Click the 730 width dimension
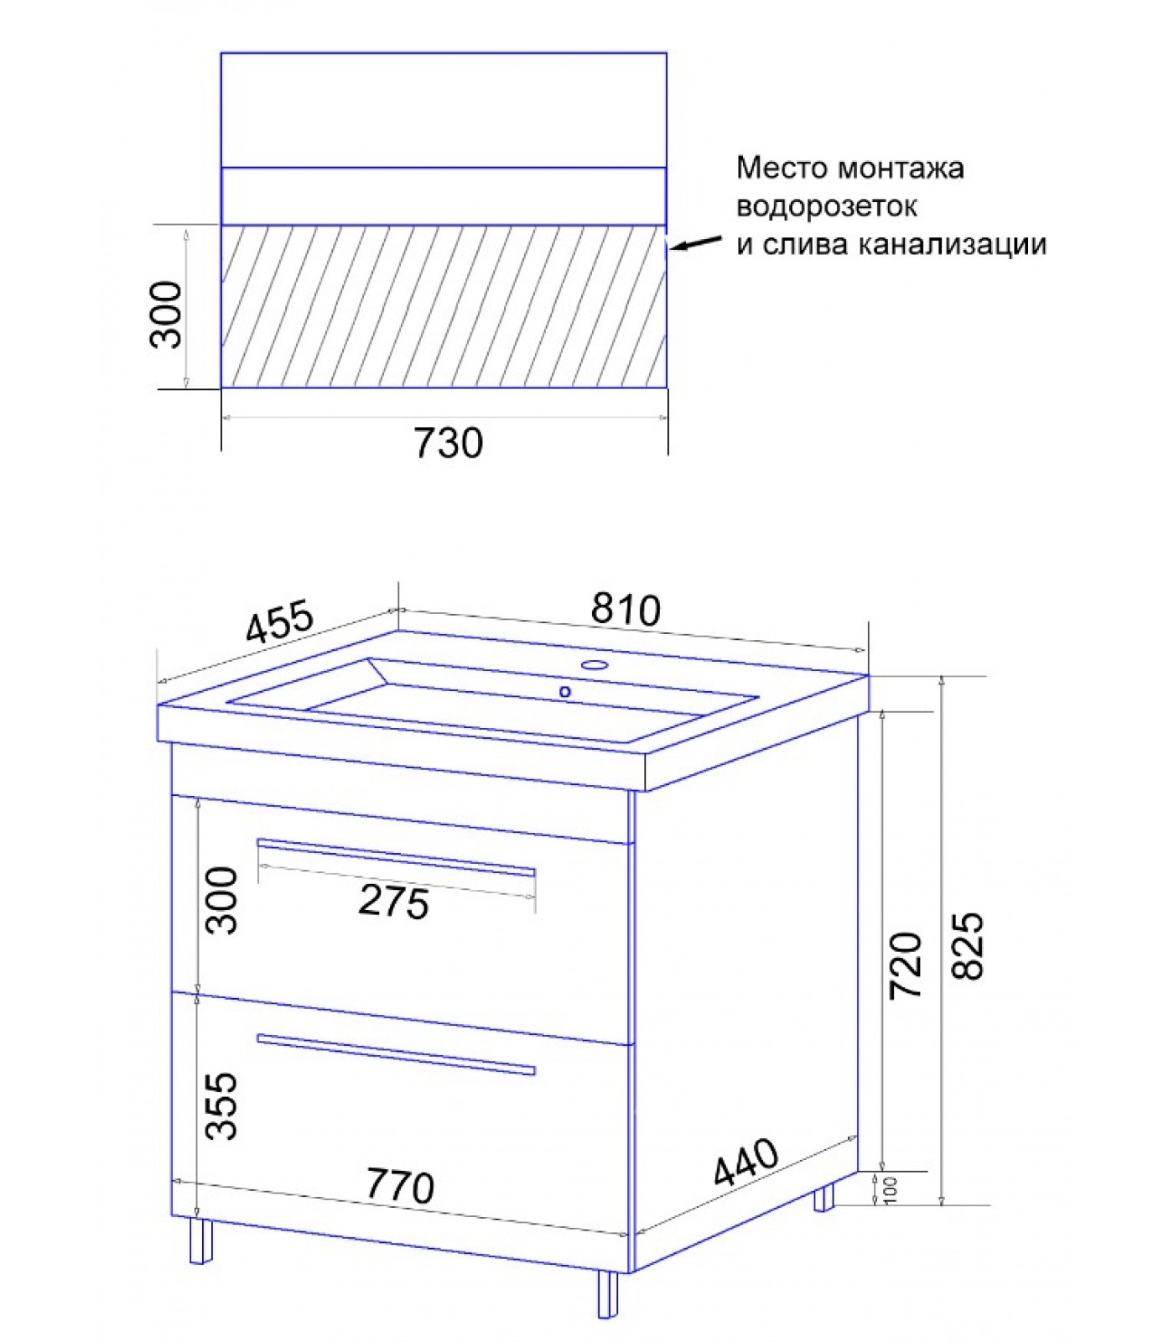coord(449,443)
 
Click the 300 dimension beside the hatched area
coord(165,315)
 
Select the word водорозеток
coord(827,205)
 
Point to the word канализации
coord(953,244)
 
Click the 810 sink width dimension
coord(626,610)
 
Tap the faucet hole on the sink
coord(595,665)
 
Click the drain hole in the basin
coord(566,692)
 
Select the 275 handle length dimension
coord(394,902)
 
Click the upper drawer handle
coord(396,856)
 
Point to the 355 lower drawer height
coord(222,1105)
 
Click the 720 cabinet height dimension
coord(906,965)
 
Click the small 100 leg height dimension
coord(890,1188)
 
